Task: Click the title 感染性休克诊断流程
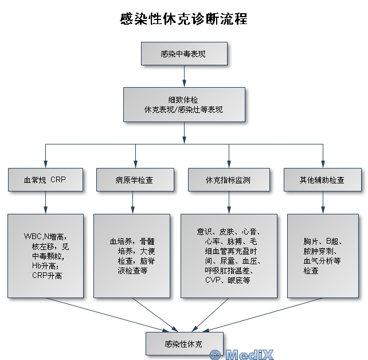click(x=184, y=19)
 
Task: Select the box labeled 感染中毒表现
click(x=184, y=54)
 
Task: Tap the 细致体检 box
click(x=184, y=104)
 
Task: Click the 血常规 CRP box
click(x=45, y=179)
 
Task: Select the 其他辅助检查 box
click(x=322, y=179)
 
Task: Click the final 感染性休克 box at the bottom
click(x=184, y=344)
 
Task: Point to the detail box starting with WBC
click(x=45, y=256)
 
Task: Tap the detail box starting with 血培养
click(x=131, y=256)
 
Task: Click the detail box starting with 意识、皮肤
click(x=229, y=256)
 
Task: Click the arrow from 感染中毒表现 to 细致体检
click(x=184, y=76)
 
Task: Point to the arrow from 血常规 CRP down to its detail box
click(x=45, y=202)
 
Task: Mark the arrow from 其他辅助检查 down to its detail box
click(x=323, y=202)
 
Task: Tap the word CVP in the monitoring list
click(x=213, y=280)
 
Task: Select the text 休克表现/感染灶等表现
click(x=184, y=109)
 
